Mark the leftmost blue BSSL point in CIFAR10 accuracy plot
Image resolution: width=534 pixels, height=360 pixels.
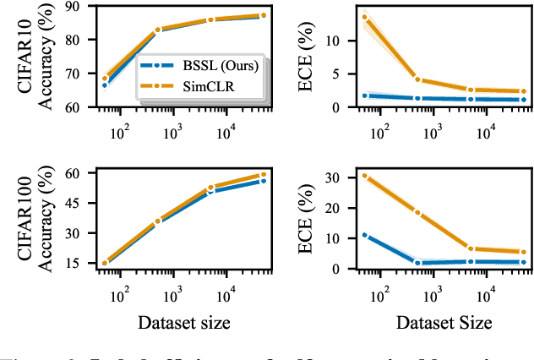click(x=105, y=85)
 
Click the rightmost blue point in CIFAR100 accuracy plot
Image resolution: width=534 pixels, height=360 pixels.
click(x=263, y=181)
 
